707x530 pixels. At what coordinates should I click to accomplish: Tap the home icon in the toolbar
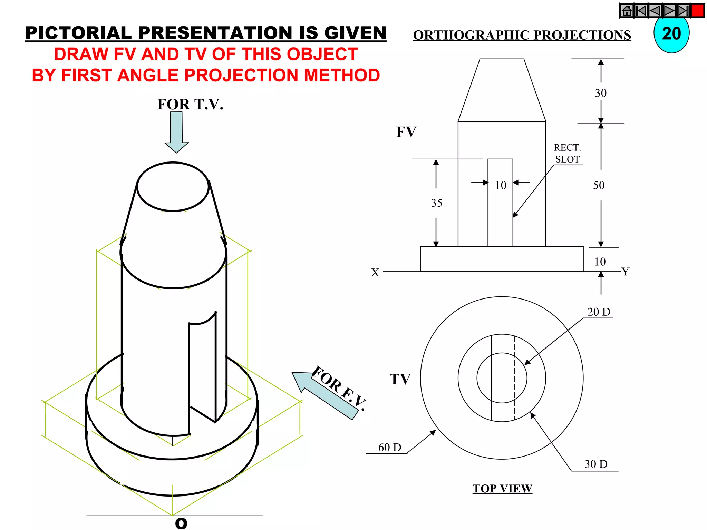pos(627,11)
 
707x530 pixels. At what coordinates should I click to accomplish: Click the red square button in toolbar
pos(697,11)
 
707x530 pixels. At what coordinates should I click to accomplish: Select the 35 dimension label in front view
pos(436,203)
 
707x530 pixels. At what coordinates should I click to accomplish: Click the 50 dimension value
pos(599,185)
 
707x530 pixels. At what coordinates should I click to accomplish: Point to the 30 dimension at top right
pos(601,93)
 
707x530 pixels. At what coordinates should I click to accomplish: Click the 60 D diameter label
pos(389,448)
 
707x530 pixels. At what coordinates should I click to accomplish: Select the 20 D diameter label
pos(599,312)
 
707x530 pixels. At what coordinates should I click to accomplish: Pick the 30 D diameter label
pos(596,464)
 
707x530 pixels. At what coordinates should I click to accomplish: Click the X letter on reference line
pos(375,273)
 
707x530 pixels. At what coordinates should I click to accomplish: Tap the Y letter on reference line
pos(625,272)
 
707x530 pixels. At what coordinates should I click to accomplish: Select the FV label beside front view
pos(406,132)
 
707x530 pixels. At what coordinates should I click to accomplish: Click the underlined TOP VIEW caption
pos(502,489)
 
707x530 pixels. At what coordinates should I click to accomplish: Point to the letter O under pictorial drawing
pos(181,523)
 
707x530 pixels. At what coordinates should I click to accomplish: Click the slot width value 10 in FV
pos(501,185)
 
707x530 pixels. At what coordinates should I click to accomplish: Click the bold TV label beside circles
pos(400,379)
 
